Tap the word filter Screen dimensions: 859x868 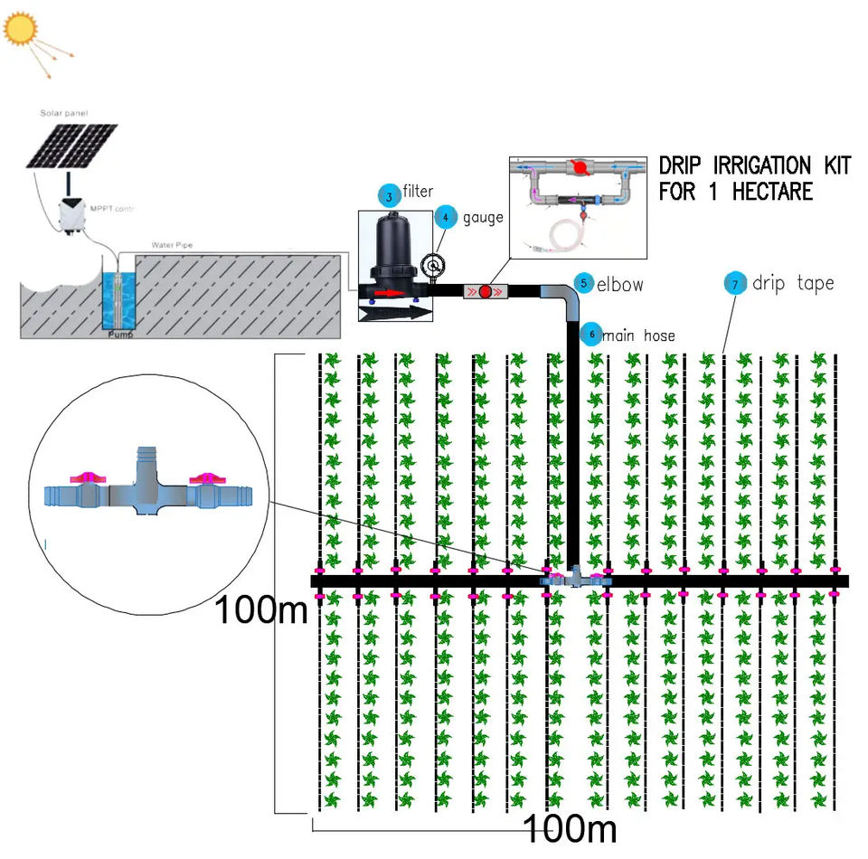[419, 191]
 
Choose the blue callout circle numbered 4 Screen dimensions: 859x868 [445, 218]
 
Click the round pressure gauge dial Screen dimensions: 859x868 [434, 265]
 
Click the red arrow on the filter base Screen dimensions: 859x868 [387, 293]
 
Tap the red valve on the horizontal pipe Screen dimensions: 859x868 [485, 292]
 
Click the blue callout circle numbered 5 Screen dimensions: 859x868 [584, 283]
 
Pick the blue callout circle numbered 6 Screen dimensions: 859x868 [591, 334]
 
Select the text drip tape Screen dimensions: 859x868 [793, 283]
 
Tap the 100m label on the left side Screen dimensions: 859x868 [260, 611]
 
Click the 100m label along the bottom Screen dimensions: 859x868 [570, 827]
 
